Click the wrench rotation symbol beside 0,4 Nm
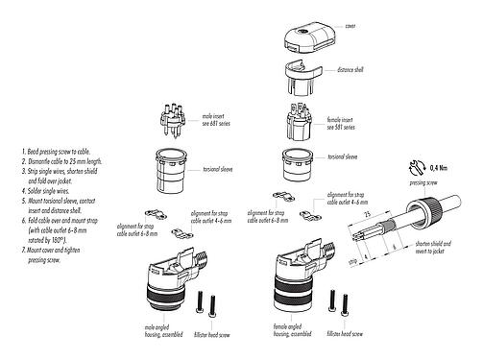pos(420,166)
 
